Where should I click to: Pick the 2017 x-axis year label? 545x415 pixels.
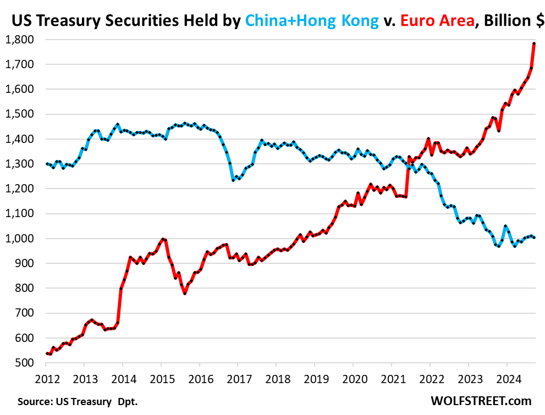[237, 378]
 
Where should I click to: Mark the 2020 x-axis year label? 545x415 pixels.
[353, 378]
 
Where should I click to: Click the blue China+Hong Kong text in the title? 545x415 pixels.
[312, 21]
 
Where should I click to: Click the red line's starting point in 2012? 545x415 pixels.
[46, 353]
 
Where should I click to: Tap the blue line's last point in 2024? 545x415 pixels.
[535, 237]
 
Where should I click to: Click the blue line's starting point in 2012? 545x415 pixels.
[46, 164]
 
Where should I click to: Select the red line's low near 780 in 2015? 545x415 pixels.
[185, 294]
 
